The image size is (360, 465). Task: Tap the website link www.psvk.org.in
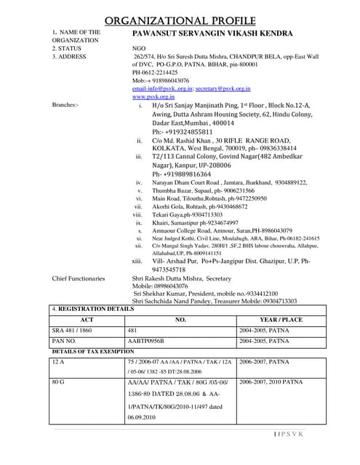154,96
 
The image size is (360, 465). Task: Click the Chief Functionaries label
79,278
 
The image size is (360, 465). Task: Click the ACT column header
87,319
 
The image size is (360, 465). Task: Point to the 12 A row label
59,361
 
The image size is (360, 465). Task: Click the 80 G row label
59,381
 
